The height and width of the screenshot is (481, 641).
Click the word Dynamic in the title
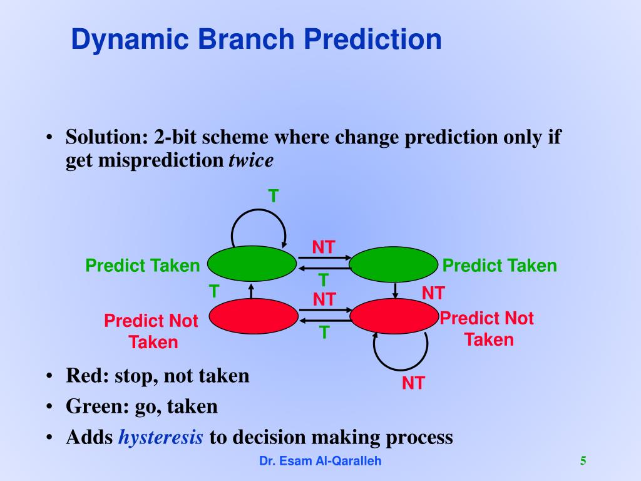click(130, 40)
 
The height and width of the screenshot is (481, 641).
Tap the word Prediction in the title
click(372, 39)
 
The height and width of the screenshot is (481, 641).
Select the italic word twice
click(251, 160)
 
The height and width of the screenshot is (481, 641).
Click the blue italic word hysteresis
click(161, 437)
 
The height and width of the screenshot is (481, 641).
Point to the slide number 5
click(583, 460)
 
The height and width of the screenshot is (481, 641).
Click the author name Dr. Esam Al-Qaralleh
click(320, 461)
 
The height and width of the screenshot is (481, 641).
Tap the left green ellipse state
click(252, 264)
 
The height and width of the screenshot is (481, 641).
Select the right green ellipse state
click(393, 264)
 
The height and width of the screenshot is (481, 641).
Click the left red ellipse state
click(254, 316)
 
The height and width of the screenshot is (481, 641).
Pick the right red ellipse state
click(394, 316)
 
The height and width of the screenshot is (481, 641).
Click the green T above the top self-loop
click(274, 196)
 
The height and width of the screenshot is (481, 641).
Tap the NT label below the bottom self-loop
click(413, 383)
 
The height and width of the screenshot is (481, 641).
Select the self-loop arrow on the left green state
click(259, 210)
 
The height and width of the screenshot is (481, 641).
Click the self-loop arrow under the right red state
click(401, 369)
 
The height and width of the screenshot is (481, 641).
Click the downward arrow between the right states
click(395, 291)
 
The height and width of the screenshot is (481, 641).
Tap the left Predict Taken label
click(143, 266)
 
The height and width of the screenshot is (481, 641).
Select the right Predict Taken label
click(500, 266)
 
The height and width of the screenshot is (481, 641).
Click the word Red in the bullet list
click(85, 376)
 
